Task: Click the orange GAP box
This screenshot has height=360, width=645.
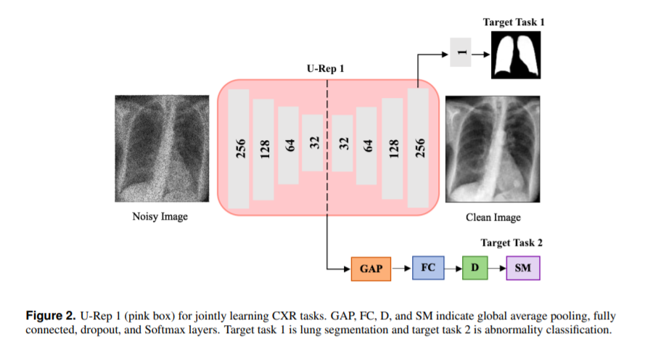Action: [370, 269]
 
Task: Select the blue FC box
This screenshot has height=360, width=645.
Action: [427, 268]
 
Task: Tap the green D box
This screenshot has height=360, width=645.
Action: [474, 268]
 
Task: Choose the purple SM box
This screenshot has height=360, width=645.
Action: [523, 268]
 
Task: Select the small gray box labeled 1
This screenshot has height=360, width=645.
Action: [461, 51]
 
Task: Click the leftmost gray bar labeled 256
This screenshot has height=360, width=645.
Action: [239, 148]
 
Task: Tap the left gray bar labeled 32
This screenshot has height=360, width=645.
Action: [313, 143]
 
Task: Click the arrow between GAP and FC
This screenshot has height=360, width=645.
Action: [400, 269]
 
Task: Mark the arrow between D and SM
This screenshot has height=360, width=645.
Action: [497, 269]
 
